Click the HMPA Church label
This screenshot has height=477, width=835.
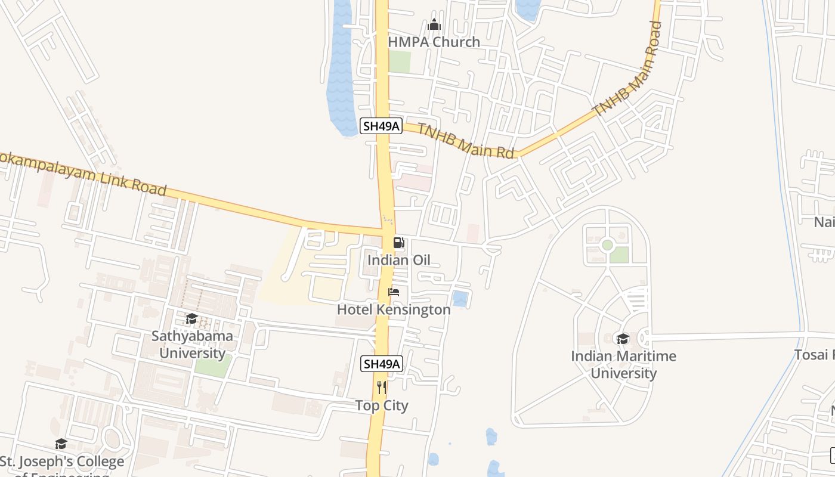click(x=434, y=42)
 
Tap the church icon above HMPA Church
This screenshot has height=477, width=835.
click(x=434, y=24)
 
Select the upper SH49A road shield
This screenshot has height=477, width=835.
click(x=381, y=126)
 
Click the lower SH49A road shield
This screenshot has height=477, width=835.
click(x=382, y=363)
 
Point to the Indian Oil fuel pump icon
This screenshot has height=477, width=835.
click(x=398, y=243)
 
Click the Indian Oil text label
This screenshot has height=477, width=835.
click(x=398, y=260)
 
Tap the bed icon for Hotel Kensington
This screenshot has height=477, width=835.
click(x=394, y=292)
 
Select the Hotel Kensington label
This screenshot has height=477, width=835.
click(x=394, y=309)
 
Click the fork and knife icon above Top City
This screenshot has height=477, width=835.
click(x=382, y=388)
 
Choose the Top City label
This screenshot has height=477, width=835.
click(x=382, y=405)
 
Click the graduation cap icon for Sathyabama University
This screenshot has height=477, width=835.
click(x=191, y=319)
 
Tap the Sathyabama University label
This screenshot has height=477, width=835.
click(x=192, y=345)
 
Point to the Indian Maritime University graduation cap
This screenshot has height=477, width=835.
click(x=623, y=339)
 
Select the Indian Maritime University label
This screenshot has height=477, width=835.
click(x=623, y=364)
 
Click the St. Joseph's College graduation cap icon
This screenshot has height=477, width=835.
click(x=61, y=444)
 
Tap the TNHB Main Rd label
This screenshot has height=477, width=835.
click(x=465, y=141)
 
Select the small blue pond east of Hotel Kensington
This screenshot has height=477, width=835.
click(x=460, y=299)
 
